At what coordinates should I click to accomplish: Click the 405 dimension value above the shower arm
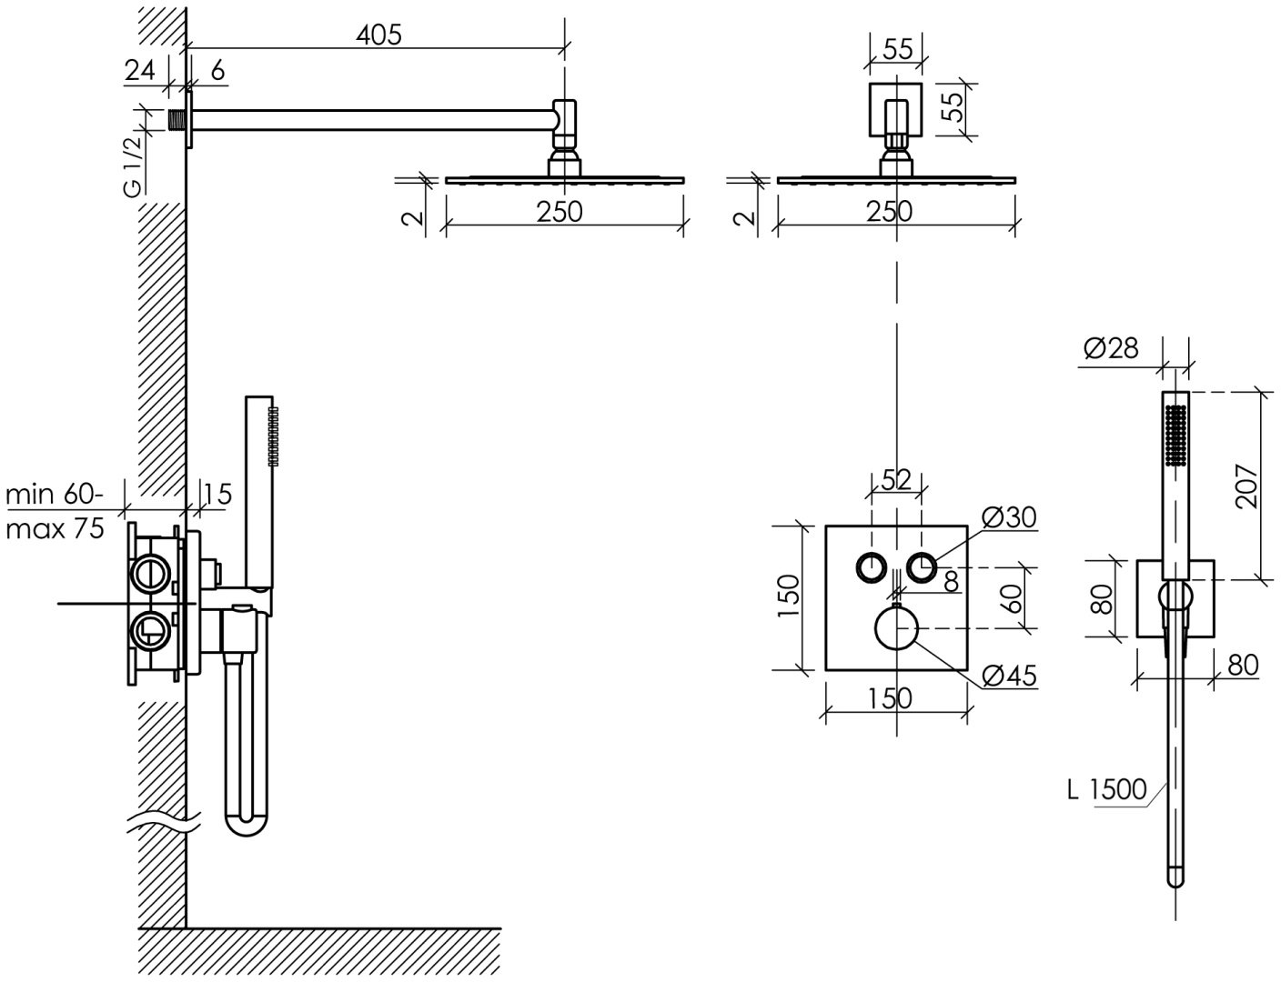point(379,35)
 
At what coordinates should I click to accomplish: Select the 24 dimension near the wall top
point(140,71)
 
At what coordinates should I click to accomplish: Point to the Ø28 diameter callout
point(1111,348)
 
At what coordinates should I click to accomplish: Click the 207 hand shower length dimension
point(1246,486)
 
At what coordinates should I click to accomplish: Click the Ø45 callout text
point(1009,675)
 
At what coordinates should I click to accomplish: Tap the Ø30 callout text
point(1009,516)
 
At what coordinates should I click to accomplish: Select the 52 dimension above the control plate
point(896,479)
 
